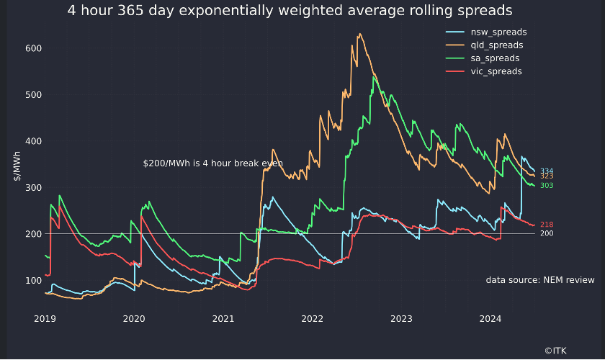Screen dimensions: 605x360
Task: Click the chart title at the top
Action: (290, 11)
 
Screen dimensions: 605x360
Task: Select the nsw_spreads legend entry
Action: (486, 32)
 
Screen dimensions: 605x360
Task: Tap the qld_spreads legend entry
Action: (485, 45)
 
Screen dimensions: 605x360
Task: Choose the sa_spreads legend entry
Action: (483, 58)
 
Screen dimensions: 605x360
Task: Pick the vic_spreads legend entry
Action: (484, 71)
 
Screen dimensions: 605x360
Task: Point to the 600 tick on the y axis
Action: (34, 49)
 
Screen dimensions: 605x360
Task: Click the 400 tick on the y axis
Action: (34, 141)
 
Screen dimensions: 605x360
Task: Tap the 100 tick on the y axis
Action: (34, 281)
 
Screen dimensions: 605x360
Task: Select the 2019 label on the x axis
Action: (45, 319)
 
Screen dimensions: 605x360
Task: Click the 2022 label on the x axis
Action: (312, 319)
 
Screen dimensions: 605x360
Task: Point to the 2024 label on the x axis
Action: (490, 319)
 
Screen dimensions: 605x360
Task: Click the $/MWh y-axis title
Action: (17, 166)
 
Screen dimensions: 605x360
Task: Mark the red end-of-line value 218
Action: (547, 225)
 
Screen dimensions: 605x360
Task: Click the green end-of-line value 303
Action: (547, 186)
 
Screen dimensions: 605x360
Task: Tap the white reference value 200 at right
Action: (547, 233)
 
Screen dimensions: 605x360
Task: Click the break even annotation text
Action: (213, 163)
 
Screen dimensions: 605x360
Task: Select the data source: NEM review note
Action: (540, 280)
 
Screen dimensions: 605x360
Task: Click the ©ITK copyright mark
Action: (555, 351)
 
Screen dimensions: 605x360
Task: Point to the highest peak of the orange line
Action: (359, 34)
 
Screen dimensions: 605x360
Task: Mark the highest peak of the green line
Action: (374, 77)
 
